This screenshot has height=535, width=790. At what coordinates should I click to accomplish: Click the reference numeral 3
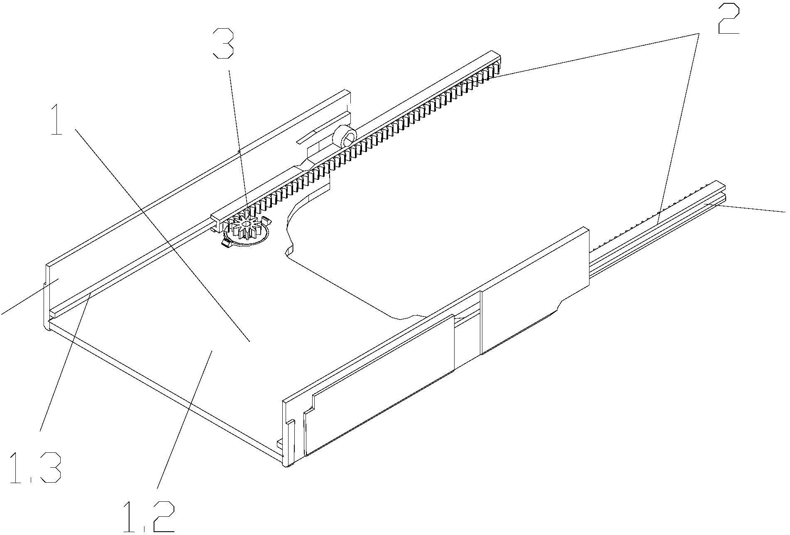pyautogui.click(x=223, y=43)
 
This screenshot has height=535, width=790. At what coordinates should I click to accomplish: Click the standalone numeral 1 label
pyautogui.click(x=57, y=120)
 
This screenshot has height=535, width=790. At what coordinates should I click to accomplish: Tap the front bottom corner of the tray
pyautogui.click(x=286, y=463)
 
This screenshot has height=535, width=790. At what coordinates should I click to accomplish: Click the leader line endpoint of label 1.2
pyautogui.click(x=212, y=351)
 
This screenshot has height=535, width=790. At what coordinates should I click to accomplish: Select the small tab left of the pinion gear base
pyautogui.click(x=226, y=245)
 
